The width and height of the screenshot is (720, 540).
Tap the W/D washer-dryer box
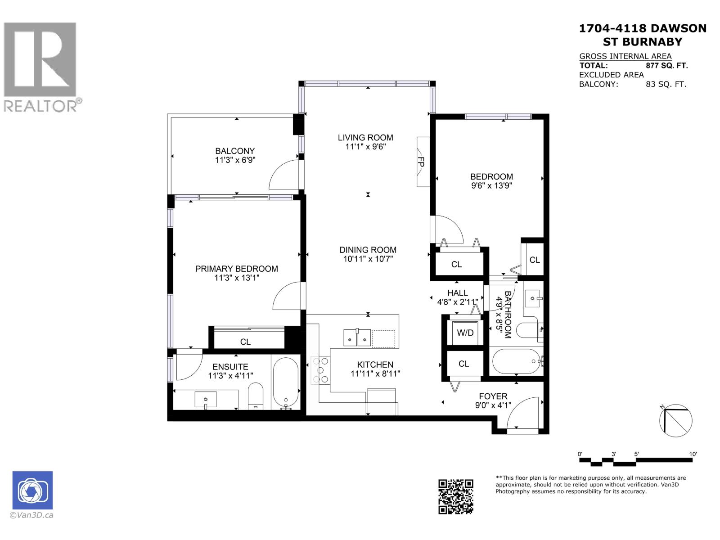click(465, 333)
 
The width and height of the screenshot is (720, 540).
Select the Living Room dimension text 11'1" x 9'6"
click(365, 147)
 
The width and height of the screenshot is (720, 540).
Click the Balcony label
click(235, 151)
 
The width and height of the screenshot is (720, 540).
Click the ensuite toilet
click(256, 396)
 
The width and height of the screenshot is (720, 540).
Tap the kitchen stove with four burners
click(320, 370)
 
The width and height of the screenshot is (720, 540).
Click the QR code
click(456, 496)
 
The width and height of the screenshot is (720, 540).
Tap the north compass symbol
click(675, 421)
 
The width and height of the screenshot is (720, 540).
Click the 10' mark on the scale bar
click(693, 454)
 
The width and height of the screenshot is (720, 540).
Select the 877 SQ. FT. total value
click(666, 65)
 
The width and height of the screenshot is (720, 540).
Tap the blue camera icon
click(32, 490)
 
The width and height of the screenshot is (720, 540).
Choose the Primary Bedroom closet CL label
click(245, 342)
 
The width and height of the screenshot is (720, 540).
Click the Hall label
click(458, 293)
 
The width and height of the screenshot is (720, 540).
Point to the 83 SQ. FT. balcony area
click(666, 84)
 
